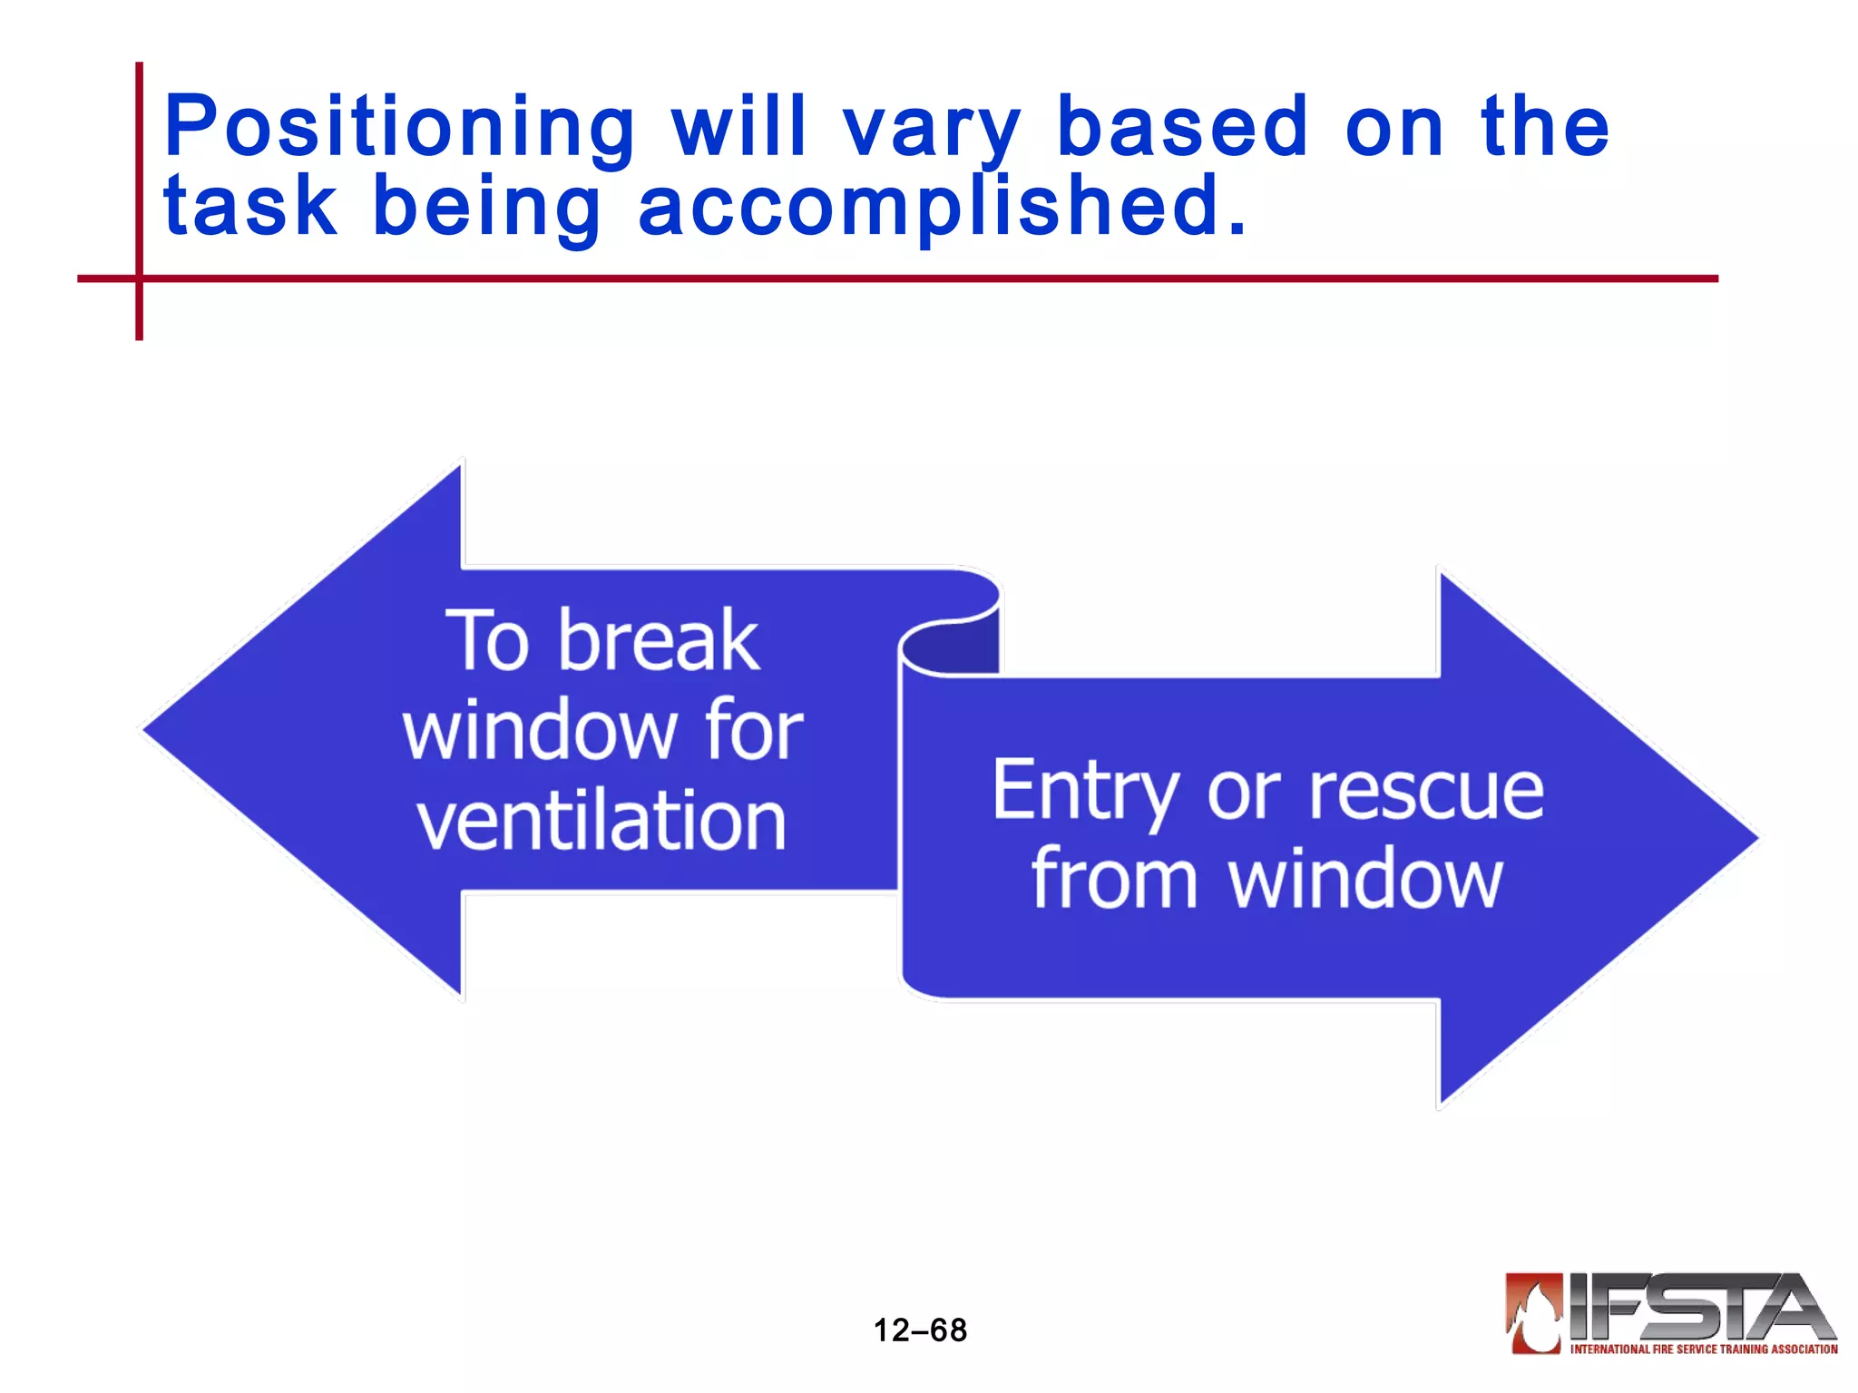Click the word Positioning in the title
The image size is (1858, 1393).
click(x=399, y=127)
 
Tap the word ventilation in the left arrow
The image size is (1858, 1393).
click(x=601, y=820)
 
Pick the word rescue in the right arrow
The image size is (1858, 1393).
click(x=1425, y=791)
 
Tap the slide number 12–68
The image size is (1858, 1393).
click(x=920, y=1330)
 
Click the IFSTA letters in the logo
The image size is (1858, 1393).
click(x=1697, y=1307)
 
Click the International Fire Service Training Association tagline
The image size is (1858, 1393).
click(x=1704, y=1349)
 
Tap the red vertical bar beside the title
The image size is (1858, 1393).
click(x=140, y=181)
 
